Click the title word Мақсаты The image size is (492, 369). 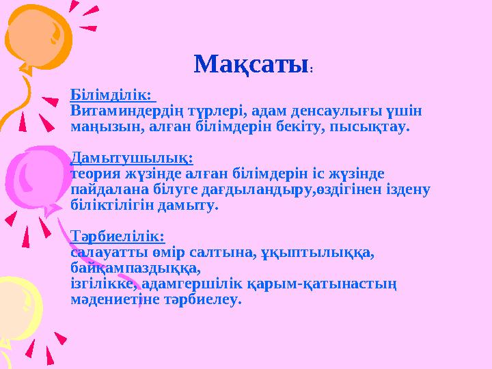tap(250, 65)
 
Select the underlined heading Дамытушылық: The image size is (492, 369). tap(131, 158)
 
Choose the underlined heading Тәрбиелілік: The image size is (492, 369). tap(118, 236)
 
